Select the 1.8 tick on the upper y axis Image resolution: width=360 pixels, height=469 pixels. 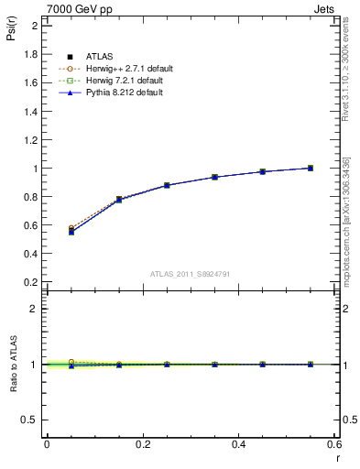(x=33, y=54)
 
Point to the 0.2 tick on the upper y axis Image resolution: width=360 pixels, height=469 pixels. (x=33, y=282)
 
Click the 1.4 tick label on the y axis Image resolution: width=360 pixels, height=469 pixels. (x=33, y=111)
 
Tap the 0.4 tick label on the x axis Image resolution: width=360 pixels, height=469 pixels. (x=238, y=444)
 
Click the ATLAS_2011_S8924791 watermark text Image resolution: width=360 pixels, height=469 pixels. (x=190, y=273)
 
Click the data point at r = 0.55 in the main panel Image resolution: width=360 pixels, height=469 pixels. (x=311, y=168)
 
